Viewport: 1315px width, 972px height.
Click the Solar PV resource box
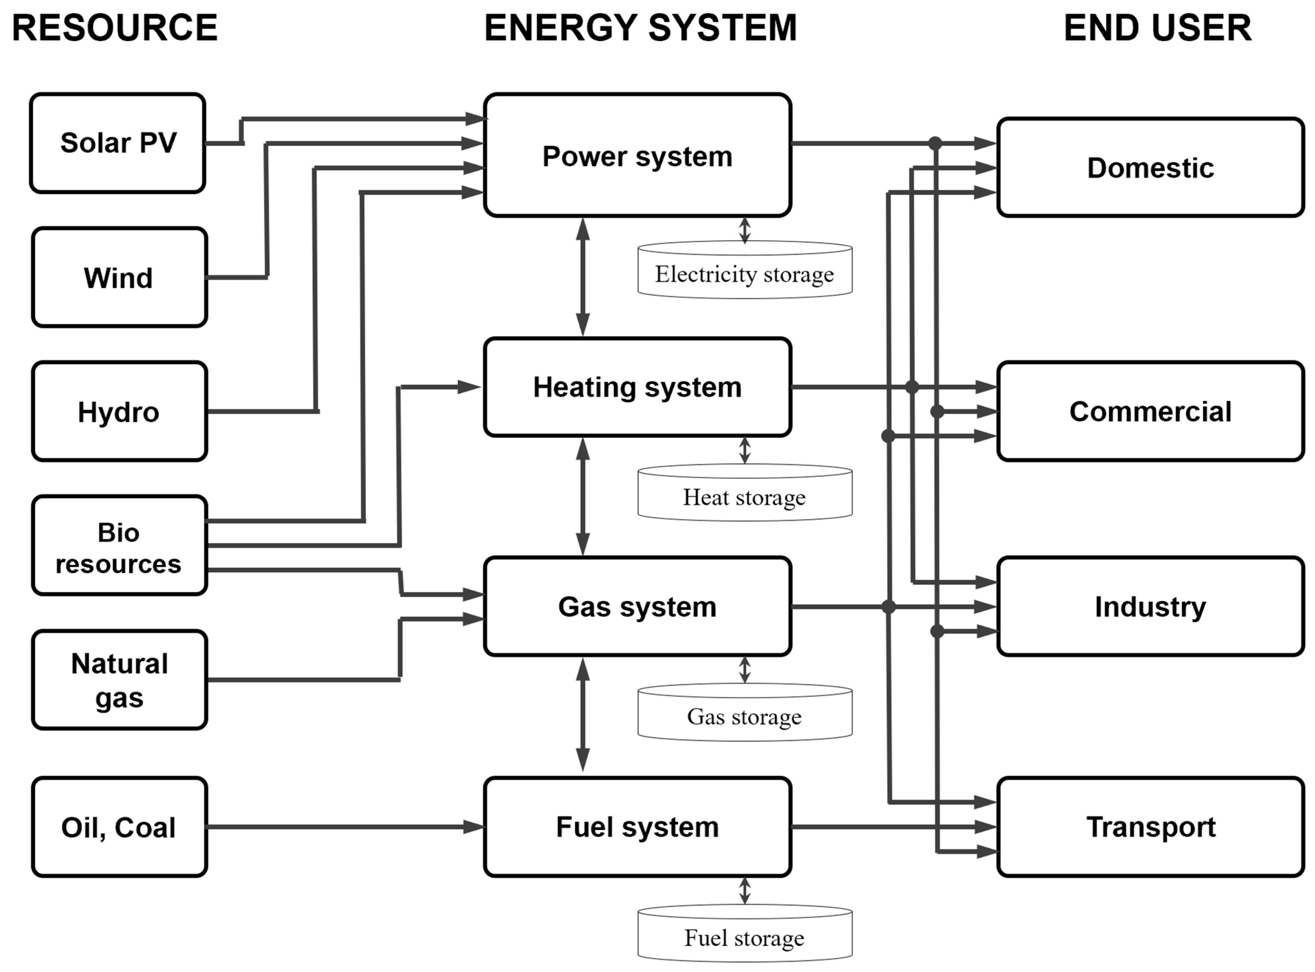118,143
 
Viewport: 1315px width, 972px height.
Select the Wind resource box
119,277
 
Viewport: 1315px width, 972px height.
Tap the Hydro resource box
119,411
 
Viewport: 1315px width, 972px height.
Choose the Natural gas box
119,680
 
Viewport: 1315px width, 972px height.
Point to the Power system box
637,155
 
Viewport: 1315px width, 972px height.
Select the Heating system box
637,387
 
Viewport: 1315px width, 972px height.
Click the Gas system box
637,607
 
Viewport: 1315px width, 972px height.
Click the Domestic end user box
1150,168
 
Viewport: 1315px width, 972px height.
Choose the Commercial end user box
1150,411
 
